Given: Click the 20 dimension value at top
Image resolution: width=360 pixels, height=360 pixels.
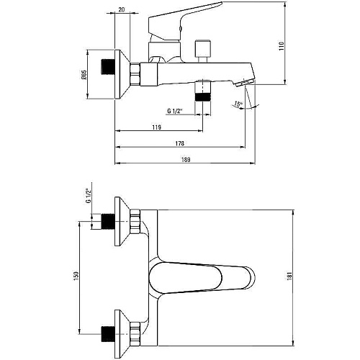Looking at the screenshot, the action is click(122, 9).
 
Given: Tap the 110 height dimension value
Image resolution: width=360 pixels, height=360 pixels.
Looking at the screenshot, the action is click(282, 46).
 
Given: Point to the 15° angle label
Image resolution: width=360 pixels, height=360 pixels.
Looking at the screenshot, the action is click(238, 104).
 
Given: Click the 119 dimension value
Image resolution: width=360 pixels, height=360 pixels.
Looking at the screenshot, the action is click(156, 127).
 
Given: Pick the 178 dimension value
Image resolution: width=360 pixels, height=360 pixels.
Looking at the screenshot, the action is click(179, 143).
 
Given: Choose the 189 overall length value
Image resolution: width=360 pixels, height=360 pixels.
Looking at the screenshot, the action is click(186, 159).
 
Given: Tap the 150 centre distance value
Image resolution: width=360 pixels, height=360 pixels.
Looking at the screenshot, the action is click(76, 276).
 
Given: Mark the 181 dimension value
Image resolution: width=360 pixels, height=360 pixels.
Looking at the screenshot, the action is click(289, 276).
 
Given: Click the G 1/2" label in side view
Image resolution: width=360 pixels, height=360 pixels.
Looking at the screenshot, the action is click(175, 111).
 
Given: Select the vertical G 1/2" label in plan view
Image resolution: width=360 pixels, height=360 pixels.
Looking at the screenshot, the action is click(89, 196).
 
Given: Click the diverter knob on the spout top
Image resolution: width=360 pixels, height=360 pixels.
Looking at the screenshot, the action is click(204, 51).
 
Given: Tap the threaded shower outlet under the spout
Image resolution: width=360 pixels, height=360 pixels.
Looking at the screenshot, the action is click(203, 91).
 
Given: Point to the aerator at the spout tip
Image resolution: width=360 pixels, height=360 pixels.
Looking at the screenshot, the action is click(244, 84).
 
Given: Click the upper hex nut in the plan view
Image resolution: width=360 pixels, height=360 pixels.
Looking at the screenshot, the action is click(135, 221).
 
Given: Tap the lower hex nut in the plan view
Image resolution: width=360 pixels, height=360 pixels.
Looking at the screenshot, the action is click(135, 334).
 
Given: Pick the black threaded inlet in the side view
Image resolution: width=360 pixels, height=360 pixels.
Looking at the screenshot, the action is click(107, 66).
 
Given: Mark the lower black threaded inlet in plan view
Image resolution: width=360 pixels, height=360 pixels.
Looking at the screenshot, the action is click(107, 334).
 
